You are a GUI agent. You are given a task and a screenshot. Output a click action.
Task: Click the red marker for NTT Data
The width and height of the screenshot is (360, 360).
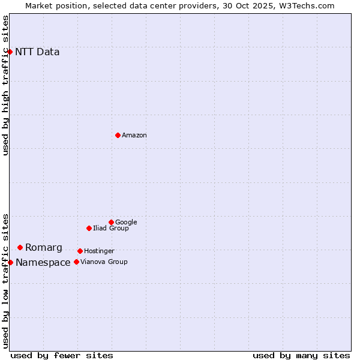(x=10, y=52)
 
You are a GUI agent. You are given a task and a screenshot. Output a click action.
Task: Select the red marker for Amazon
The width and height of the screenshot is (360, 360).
(x=118, y=135)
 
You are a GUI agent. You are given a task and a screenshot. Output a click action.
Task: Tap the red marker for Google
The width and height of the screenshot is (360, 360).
(x=111, y=222)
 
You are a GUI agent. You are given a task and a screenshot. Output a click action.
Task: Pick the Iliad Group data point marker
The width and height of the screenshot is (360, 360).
(x=89, y=228)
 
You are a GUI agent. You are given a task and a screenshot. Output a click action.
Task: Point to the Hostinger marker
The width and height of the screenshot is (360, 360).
(x=80, y=251)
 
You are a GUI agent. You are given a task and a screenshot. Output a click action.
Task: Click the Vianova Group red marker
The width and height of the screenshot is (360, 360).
(x=76, y=262)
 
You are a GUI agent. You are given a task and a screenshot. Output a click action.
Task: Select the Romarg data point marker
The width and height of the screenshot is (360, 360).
(x=20, y=247)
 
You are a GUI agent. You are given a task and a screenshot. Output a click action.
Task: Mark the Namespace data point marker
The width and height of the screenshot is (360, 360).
(x=10, y=262)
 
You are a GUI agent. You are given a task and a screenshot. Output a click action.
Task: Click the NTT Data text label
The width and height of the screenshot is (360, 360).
(x=37, y=52)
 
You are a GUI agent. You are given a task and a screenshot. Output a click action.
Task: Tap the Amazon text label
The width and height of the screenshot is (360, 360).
(x=134, y=136)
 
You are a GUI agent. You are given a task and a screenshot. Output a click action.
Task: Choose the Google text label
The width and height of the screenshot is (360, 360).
(x=126, y=223)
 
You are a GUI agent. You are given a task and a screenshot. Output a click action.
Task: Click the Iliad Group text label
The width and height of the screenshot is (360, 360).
(x=111, y=229)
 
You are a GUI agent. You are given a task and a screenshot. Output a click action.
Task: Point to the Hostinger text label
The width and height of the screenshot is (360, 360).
(x=99, y=251)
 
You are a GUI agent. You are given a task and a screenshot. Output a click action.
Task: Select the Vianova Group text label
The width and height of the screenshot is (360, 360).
(x=104, y=262)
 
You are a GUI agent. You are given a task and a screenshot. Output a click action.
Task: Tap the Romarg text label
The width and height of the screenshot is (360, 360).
(x=44, y=248)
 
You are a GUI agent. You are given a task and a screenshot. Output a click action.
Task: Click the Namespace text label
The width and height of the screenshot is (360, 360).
(x=43, y=263)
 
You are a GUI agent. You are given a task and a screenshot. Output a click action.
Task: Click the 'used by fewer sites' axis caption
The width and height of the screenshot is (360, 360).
(x=62, y=355)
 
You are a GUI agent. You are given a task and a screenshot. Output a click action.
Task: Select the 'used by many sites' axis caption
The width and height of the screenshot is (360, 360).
(x=301, y=355)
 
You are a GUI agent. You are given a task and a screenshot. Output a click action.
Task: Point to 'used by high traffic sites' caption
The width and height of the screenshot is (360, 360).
(x=6, y=85)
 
